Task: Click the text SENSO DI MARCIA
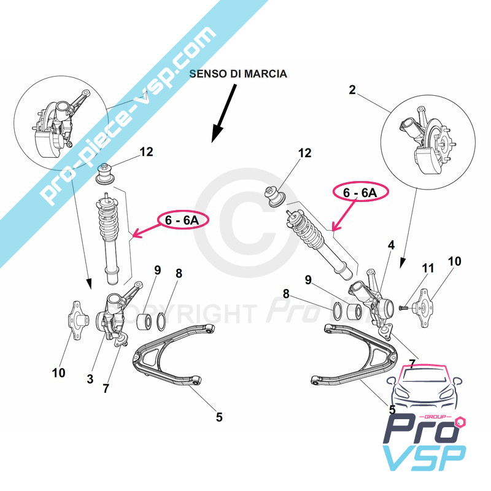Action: (238, 74)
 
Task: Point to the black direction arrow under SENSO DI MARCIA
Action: (223, 114)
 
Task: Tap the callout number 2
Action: (352, 90)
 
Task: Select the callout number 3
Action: (90, 379)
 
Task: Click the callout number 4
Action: (392, 245)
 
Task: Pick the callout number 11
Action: (428, 268)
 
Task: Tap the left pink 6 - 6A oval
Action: (182, 220)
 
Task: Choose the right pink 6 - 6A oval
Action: (361, 192)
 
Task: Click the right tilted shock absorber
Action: (320, 243)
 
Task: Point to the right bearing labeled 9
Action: (354, 310)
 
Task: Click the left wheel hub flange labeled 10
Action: (77, 320)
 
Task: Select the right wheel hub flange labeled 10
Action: (423, 308)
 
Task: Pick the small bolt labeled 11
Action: (404, 308)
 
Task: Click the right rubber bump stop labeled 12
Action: (274, 196)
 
